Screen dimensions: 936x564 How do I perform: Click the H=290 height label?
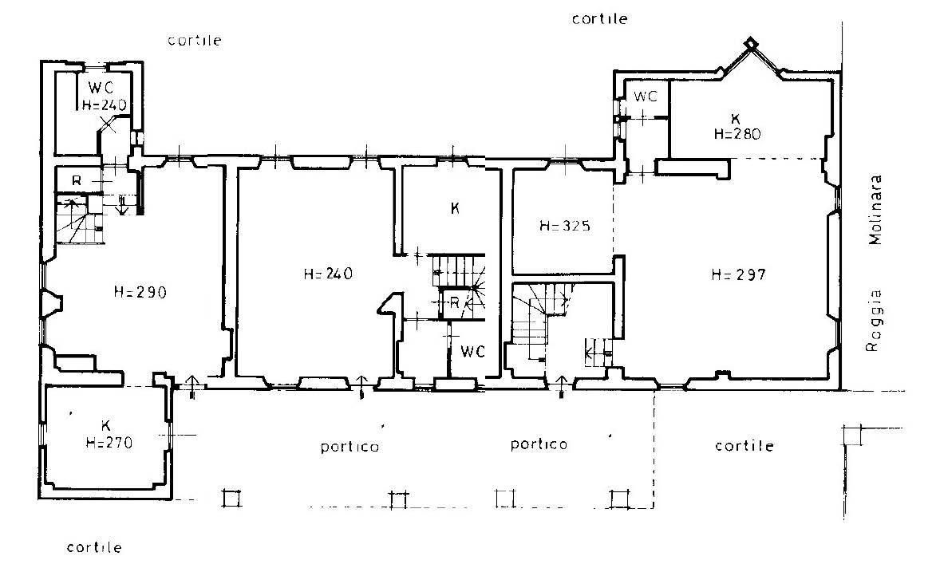(x=140, y=293)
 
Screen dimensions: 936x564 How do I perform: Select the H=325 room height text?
(x=565, y=226)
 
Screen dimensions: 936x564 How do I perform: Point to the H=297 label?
(x=738, y=274)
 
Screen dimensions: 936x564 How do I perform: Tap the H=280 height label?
(x=737, y=134)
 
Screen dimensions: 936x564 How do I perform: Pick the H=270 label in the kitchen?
(x=109, y=443)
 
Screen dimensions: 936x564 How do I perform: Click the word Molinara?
(x=875, y=210)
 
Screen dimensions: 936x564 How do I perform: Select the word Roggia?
(x=874, y=321)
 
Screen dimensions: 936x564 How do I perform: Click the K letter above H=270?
(x=105, y=425)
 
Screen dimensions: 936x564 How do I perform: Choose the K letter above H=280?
(x=735, y=120)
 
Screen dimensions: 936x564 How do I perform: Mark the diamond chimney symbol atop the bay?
(x=750, y=43)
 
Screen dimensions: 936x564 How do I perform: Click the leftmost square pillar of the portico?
(x=231, y=498)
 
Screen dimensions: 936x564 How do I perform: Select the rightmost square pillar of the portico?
(x=618, y=499)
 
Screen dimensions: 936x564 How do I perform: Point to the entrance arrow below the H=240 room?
(x=361, y=387)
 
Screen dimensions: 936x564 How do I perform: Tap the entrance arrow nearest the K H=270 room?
(x=192, y=387)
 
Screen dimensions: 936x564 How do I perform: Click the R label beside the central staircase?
(x=454, y=303)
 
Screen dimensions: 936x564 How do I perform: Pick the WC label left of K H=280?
(x=645, y=96)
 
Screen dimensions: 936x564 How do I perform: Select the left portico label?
(x=350, y=447)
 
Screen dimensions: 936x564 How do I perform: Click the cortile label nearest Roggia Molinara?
(x=744, y=446)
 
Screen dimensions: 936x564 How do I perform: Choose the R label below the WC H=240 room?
(x=77, y=180)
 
